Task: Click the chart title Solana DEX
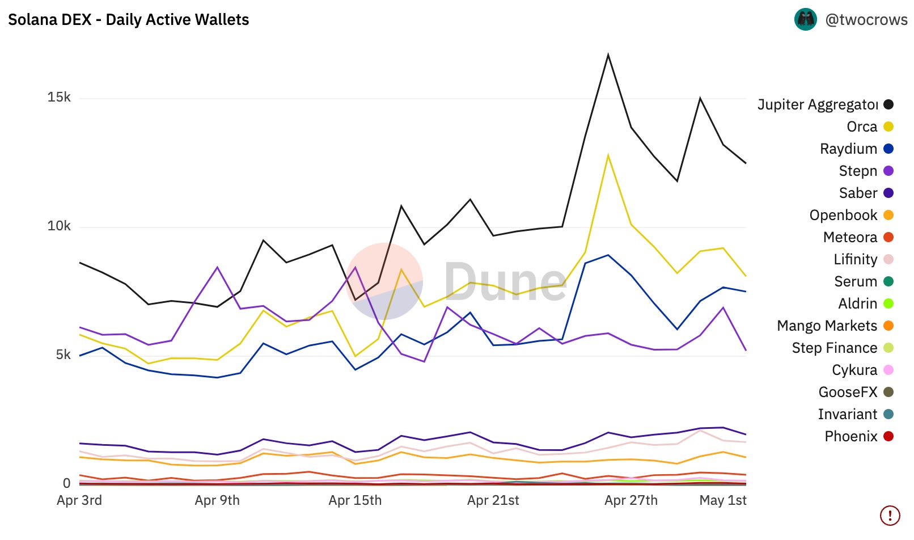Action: (128, 20)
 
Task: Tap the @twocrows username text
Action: (866, 20)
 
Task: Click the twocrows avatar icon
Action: (805, 20)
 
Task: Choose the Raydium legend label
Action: (848, 149)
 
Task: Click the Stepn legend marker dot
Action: (888, 171)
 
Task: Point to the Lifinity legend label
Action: (855, 259)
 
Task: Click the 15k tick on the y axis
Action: (59, 98)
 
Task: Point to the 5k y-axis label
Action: (63, 355)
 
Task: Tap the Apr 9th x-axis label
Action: (217, 500)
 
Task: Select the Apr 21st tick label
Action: (493, 500)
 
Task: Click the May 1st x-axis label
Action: (722, 500)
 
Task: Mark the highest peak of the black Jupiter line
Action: (608, 55)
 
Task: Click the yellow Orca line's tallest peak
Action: (608, 155)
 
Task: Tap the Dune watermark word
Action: (505, 282)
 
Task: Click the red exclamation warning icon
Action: (890, 516)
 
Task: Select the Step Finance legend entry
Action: (834, 348)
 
